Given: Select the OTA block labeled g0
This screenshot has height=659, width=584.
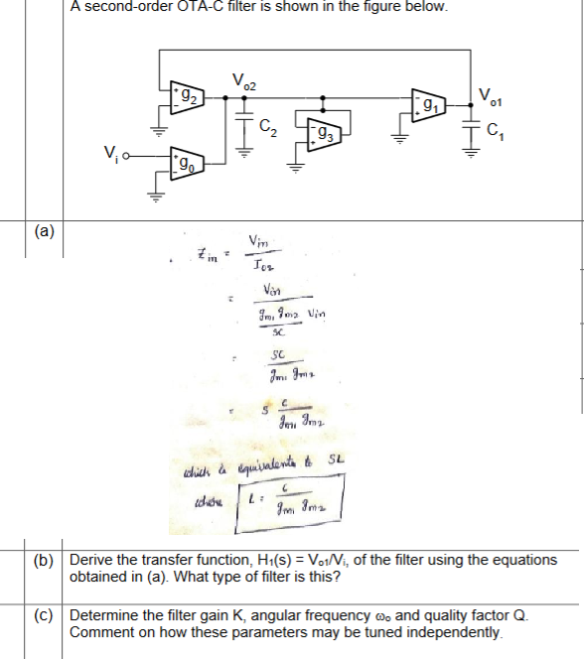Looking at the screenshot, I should point(186,162).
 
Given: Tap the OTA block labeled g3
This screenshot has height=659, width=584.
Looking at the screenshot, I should point(324,131).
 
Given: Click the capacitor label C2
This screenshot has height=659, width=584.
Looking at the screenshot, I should point(266,126).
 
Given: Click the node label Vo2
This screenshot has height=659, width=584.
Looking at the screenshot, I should point(243,79).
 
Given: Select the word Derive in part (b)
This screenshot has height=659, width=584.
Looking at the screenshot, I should point(91,559).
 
